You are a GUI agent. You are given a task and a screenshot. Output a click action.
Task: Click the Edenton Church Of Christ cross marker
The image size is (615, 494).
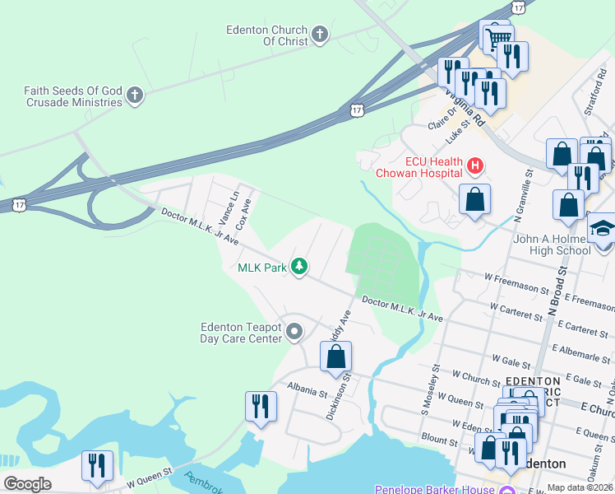click(320, 35)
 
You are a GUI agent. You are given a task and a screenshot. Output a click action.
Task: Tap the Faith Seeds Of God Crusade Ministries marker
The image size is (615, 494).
click(135, 96)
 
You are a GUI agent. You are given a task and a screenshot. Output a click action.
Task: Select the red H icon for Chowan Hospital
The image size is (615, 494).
click(474, 166)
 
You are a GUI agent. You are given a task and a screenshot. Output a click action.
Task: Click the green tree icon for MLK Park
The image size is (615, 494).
click(301, 267)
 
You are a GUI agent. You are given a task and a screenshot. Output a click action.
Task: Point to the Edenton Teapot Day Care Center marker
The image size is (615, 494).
click(294, 332)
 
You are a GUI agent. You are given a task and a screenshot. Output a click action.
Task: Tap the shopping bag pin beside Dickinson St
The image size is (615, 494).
click(335, 357)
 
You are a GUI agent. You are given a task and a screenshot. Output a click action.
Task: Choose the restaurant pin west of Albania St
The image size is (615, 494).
click(261, 406)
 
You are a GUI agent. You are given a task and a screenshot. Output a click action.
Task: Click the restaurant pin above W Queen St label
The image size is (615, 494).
click(97, 465)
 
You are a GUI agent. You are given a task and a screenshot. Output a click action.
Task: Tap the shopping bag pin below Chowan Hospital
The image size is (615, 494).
click(474, 199)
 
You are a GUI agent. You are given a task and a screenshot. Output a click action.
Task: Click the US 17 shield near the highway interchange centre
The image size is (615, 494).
click(356, 109)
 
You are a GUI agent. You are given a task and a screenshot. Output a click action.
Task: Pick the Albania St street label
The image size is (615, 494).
click(307, 385)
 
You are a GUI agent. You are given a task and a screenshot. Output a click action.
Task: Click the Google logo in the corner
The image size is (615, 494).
click(28, 483)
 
